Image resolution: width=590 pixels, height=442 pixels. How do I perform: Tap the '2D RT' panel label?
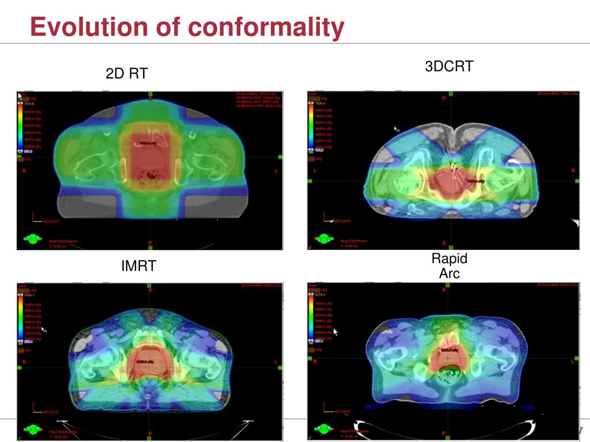(126, 74)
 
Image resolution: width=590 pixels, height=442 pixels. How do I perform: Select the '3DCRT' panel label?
(449, 66)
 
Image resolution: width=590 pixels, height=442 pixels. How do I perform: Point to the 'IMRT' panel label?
(138, 266)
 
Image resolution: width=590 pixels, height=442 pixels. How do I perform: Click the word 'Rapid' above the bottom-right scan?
(449, 258)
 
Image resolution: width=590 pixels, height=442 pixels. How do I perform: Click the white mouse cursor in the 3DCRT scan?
(396, 129)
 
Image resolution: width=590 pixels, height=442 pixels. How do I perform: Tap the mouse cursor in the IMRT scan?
(43, 330)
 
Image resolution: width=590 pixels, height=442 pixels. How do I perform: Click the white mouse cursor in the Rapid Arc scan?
(336, 332)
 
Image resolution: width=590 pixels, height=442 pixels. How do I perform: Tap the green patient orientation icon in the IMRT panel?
(32, 428)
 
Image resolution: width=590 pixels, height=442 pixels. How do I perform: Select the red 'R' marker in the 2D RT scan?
(24, 171)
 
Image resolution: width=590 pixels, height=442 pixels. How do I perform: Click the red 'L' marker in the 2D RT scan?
(276, 171)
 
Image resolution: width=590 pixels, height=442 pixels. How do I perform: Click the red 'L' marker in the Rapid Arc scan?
(573, 361)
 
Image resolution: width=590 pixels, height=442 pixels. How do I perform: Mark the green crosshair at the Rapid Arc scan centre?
(447, 359)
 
